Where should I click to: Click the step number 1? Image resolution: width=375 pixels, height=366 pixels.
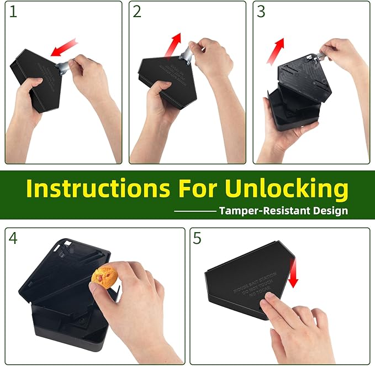click(x=13, y=12)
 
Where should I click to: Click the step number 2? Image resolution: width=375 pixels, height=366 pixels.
click(x=137, y=12)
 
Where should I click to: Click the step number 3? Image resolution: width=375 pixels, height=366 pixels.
click(x=261, y=12)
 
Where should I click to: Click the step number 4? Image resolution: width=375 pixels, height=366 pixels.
click(x=14, y=238)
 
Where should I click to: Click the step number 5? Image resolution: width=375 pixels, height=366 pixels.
click(x=198, y=238)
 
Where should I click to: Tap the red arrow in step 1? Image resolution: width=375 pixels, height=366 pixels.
click(x=63, y=48)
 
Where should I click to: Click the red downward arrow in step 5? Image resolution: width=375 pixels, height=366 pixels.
click(x=293, y=274)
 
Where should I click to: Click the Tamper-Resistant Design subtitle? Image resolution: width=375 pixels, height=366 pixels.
click(x=283, y=211)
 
